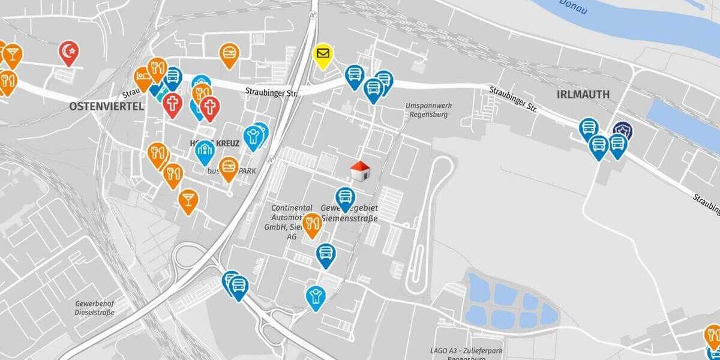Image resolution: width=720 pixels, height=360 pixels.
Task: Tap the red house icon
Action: (359, 171)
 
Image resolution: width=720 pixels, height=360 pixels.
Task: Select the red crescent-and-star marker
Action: (69, 52)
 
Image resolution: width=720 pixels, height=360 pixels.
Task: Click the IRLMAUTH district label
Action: (583, 95)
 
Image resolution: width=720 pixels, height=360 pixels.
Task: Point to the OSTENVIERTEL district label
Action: (106, 106)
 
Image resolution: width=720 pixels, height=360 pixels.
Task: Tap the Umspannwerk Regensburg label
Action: (428, 110)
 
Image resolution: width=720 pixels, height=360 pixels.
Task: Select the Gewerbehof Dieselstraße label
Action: (95, 308)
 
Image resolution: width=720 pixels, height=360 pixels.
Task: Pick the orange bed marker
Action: (143, 77)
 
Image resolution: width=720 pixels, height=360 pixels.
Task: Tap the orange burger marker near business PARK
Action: (228, 167)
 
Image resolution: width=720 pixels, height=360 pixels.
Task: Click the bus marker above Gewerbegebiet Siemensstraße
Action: (345, 197)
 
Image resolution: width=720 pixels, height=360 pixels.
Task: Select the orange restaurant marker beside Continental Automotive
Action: (311, 224)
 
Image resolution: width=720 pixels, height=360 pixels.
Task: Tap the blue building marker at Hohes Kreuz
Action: (205, 151)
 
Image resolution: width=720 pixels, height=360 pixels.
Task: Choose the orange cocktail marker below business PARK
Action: (188, 200)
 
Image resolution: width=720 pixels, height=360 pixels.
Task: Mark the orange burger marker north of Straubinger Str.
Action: (229, 53)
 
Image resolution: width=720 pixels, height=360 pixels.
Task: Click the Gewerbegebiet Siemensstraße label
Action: (350, 213)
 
